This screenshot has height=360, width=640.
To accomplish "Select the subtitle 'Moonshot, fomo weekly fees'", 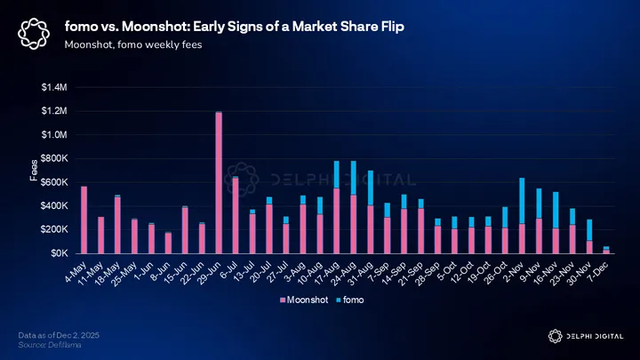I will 132,44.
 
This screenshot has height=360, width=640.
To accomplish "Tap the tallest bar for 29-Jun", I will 218,182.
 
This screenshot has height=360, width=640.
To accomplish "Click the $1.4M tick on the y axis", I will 54,87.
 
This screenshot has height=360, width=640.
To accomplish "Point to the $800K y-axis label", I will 54,158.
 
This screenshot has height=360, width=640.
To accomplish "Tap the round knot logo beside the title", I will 34,35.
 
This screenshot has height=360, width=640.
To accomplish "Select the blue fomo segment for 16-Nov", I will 556,210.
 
